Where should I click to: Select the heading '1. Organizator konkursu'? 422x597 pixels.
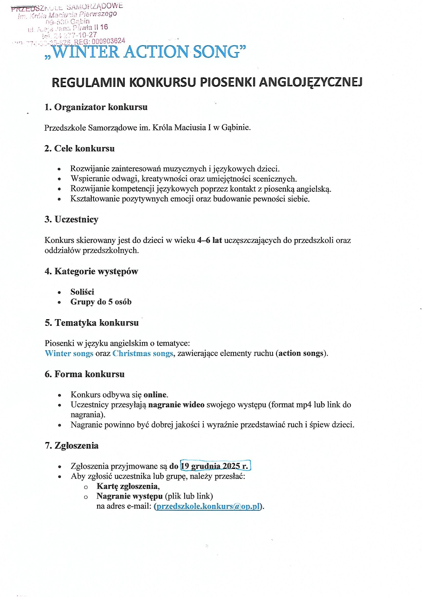click(x=96, y=107)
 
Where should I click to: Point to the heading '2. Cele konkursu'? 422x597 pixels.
click(x=80, y=148)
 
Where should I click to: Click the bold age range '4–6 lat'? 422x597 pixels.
click(x=209, y=240)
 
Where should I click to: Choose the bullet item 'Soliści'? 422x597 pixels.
click(x=82, y=292)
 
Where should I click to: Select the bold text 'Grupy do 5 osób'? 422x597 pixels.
click(x=101, y=302)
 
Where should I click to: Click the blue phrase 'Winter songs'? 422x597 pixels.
click(x=69, y=353)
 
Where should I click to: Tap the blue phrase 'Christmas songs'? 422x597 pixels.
click(x=143, y=353)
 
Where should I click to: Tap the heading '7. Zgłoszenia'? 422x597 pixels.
click(x=71, y=445)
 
